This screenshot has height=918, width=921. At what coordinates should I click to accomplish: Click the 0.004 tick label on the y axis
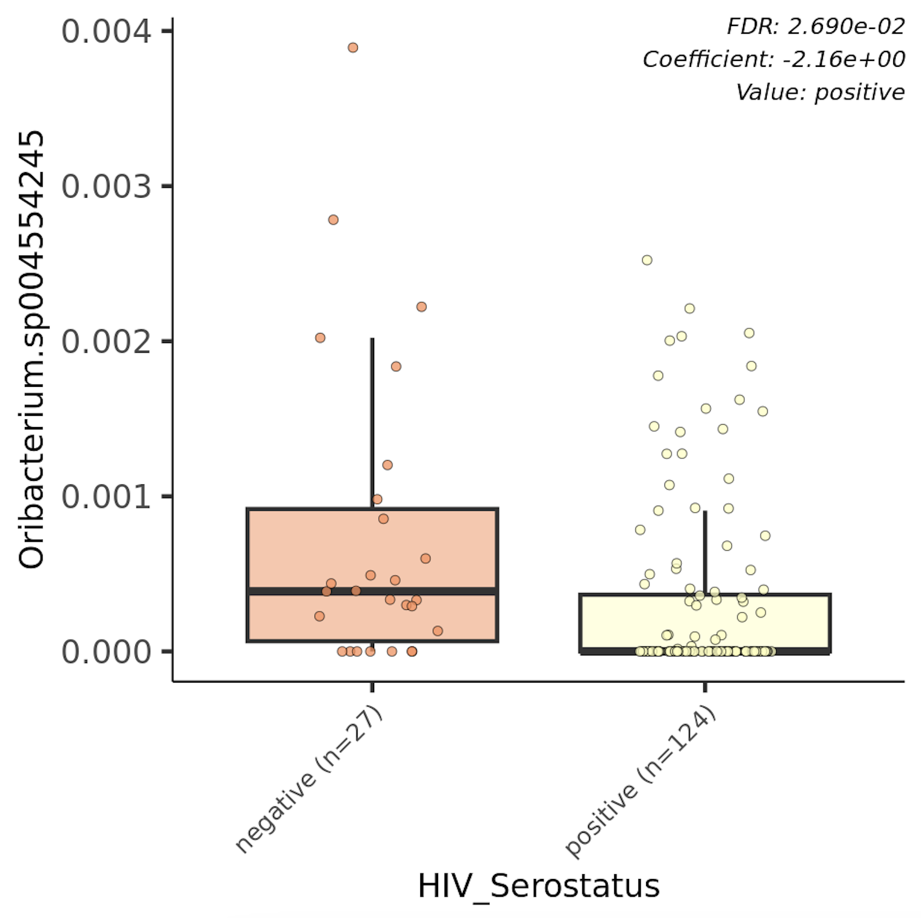pos(106,32)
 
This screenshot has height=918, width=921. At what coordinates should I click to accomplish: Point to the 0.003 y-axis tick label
pos(106,187)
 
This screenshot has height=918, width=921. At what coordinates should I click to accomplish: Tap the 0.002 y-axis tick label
pos(106,342)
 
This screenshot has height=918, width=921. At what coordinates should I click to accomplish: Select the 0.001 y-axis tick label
pos(106,497)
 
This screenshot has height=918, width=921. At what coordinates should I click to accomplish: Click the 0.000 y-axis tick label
pos(106,652)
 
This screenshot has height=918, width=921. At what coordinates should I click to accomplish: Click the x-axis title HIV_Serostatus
pos(539,886)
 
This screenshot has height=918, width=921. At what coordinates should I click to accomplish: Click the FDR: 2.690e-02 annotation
pos(815,27)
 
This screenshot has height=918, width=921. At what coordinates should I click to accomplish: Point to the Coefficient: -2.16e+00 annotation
pos(773,59)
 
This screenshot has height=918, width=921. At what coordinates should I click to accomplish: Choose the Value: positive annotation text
pos(820,92)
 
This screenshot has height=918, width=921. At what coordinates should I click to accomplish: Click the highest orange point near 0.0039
pos(353,47)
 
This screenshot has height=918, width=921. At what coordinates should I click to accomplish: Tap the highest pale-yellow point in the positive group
pos(647,260)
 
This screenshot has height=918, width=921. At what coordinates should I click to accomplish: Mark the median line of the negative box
pos(372,591)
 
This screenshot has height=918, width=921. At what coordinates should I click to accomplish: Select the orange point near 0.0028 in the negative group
pos(333,220)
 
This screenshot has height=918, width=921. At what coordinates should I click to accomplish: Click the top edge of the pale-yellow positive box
pos(705,594)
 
